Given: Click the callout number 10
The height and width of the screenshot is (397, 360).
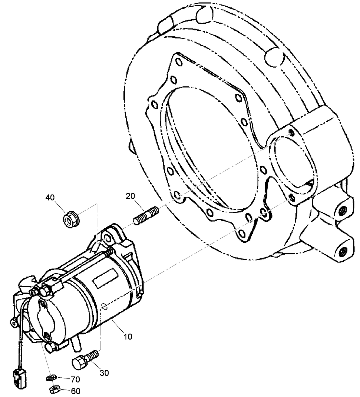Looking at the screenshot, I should pos(128,337).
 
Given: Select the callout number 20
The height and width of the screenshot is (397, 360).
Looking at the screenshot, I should pos(130,196).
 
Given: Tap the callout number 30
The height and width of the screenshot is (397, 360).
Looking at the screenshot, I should pos(104,373).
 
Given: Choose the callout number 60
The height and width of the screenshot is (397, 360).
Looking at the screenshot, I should pos(76,391).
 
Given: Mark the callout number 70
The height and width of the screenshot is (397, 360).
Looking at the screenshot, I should pos(76,380).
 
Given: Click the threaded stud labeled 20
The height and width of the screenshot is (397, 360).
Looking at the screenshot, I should pos(146,216).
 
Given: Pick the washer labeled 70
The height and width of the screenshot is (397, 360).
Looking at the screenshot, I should pos(51,378).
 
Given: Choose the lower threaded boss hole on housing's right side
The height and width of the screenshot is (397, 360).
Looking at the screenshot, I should pos(343,252).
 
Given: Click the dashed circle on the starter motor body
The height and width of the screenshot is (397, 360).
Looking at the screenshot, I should pos(104,306).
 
